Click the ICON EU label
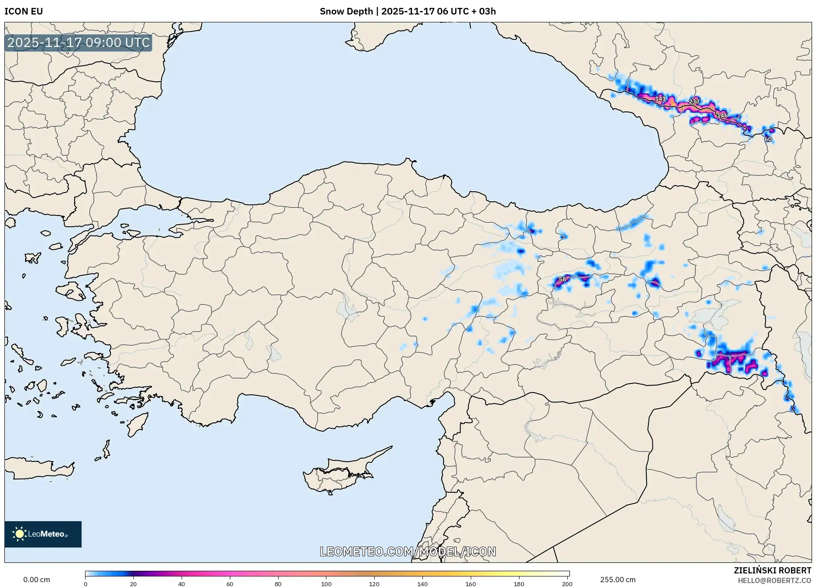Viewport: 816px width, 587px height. [x=24, y=11]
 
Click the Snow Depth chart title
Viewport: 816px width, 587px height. [x=408, y=11]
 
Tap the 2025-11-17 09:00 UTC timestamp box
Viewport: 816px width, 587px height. [x=79, y=43]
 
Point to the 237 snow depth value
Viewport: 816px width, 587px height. [x=694, y=101]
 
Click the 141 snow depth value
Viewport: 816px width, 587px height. [x=660, y=99]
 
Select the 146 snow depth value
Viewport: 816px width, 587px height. [x=722, y=115]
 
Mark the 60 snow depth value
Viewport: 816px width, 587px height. [x=768, y=139]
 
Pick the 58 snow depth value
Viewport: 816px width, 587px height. [x=562, y=279]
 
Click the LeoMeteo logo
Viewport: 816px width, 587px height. [x=43, y=534]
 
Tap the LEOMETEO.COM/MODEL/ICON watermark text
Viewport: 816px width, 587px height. [x=408, y=551]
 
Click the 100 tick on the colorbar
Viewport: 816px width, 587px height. [x=326, y=583]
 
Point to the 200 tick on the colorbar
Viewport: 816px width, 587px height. [x=567, y=583]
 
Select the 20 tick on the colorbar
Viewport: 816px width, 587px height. [x=133, y=583]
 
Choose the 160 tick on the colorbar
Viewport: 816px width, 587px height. [x=470, y=583]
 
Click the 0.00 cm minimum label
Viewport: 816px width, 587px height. [x=36, y=580]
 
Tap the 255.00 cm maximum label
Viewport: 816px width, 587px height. [x=618, y=580]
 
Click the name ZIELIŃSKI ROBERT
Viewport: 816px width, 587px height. [x=772, y=570]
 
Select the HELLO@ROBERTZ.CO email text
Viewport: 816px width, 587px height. [x=774, y=580]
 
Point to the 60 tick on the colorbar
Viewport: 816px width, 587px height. [x=230, y=583]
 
